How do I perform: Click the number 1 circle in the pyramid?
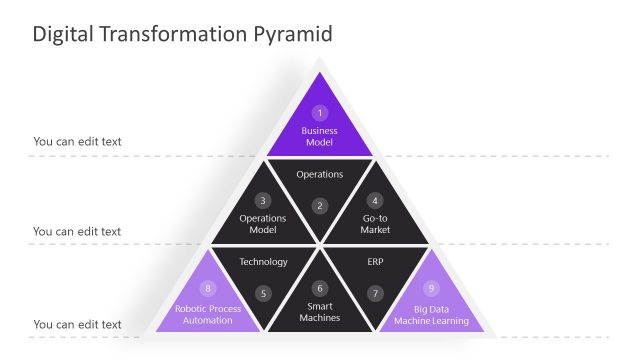[x=320, y=113]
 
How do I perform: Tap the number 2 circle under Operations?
[x=320, y=206]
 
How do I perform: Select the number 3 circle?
[x=263, y=200]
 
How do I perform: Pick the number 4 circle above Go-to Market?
[x=375, y=200]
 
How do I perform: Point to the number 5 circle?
[x=263, y=294]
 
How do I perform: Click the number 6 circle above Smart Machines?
[x=320, y=288]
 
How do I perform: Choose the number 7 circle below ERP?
[x=375, y=294]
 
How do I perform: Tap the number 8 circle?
[x=208, y=288]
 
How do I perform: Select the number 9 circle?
[x=432, y=288]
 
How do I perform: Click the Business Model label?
[x=320, y=137]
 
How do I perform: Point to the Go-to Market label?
[x=375, y=224]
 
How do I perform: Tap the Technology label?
[x=263, y=262]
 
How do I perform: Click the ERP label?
[x=375, y=262]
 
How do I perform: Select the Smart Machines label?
[x=320, y=312]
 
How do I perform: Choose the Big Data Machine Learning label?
[x=431, y=314]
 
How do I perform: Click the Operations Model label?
[x=263, y=224]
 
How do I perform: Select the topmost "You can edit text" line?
[x=77, y=141]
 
